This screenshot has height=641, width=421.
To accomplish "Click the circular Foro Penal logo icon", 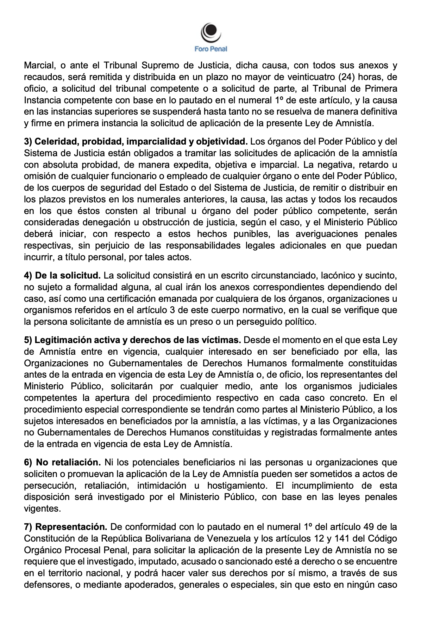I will (x=210, y=33).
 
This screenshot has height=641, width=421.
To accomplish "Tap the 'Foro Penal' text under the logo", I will (x=210, y=49).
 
